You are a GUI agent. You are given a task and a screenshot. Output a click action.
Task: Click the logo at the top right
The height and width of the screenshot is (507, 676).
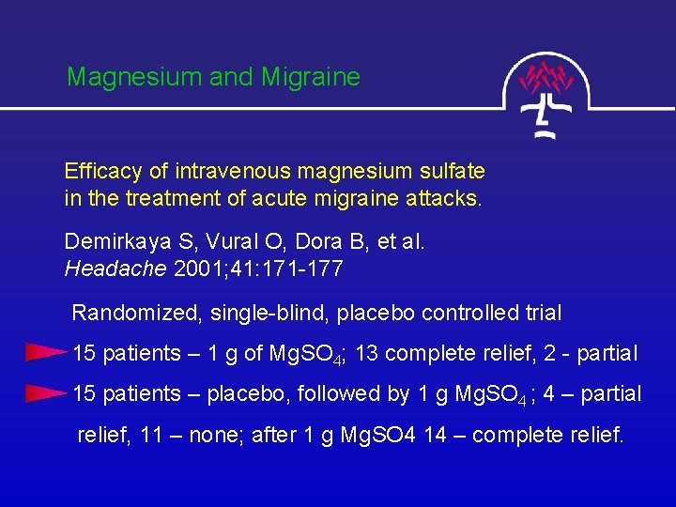pyautogui.click(x=548, y=95)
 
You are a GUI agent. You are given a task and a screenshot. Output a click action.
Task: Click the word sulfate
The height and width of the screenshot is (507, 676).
pyautogui.click(x=453, y=172)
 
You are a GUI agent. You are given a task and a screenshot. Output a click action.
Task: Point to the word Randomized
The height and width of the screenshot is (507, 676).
pyautogui.click(x=129, y=313)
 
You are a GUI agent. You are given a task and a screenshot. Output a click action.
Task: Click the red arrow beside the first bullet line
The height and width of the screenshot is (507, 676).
pyautogui.click(x=45, y=353)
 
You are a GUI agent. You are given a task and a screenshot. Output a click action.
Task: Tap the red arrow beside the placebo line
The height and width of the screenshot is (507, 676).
pyautogui.click(x=45, y=392)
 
